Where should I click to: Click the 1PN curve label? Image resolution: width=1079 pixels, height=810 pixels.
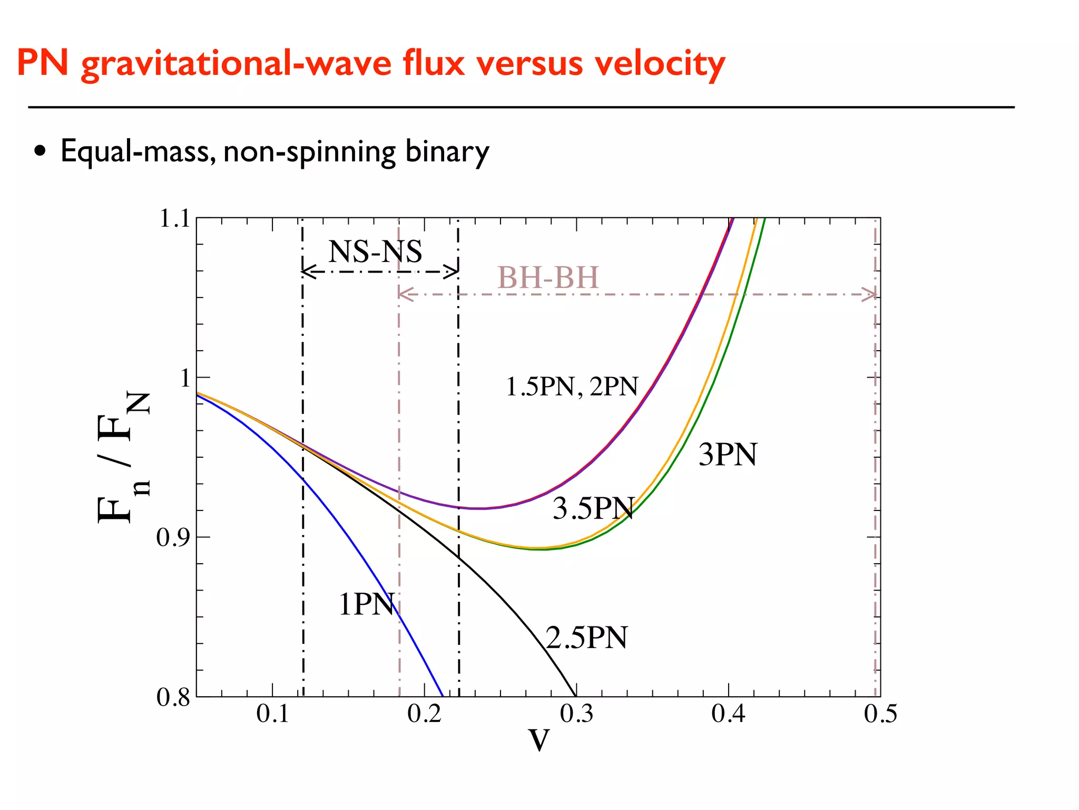(x=366, y=604)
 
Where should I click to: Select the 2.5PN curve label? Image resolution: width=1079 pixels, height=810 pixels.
(x=586, y=638)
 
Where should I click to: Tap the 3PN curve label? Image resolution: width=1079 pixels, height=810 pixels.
(x=728, y=455)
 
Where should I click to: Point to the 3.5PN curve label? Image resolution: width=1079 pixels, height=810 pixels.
(x=593, y=509)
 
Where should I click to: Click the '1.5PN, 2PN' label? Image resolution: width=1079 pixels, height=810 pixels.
(x=572, y=387)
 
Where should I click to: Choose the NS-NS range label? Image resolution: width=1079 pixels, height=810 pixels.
(x=375, y=252)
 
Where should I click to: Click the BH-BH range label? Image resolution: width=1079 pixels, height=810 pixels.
(x=548, y=278)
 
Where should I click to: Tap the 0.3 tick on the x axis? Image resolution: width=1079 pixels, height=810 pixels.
(x=576, y=714)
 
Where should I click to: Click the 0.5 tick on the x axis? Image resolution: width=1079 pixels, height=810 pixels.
(x=880, y=714)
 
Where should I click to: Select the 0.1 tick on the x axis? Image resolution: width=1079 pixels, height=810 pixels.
(x=272, y=714)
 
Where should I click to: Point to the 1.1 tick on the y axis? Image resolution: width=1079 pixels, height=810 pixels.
(x=174, y=219)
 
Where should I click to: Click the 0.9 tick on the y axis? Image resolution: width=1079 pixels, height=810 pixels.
(x=173, y=538)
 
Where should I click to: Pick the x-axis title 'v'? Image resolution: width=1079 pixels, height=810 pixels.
(x=539, y=740)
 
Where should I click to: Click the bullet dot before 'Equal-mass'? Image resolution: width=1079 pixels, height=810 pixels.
(x=40, y=152)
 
